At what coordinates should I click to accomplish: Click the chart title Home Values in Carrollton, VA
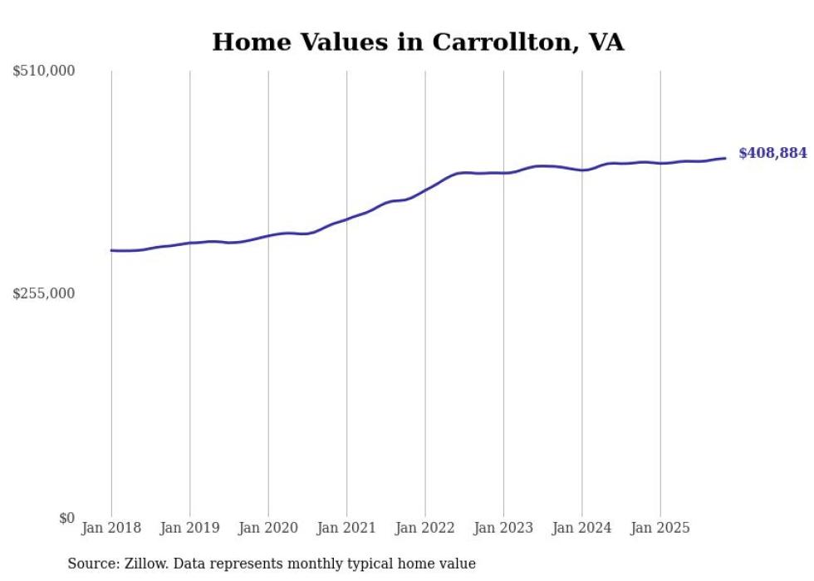click(418, 42)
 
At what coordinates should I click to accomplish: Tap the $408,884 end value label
click(772, 153)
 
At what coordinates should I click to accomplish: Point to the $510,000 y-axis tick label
click(44, 71)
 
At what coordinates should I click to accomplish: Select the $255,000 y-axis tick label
click(44, 293)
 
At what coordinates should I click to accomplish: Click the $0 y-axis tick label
click(66, 518)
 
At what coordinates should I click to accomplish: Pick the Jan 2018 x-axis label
click(111, 528)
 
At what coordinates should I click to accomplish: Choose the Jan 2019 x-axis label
click(189, 528)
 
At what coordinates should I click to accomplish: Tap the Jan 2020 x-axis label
click(268, 528)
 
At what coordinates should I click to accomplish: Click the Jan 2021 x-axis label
click(346, 528)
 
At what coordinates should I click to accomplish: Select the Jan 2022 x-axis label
click(425, 528)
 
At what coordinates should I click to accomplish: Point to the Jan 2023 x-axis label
click(503, 528)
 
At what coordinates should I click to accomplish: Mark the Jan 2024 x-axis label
click(582, 528)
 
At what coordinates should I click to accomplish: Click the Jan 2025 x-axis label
click(660, 528)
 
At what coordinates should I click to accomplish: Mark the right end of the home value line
click(725, 158)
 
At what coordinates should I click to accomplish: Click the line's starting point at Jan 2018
click(111, 250)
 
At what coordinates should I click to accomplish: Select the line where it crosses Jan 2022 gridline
click(425, 190)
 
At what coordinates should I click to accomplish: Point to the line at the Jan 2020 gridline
click(268, 235)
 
